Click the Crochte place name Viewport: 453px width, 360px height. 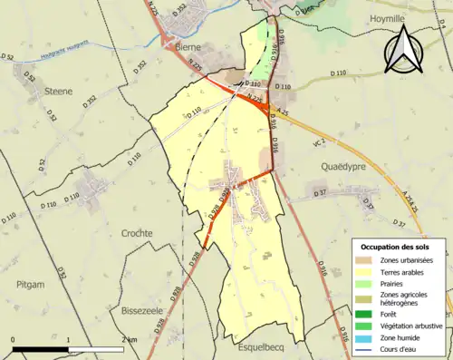click(137, 233)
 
